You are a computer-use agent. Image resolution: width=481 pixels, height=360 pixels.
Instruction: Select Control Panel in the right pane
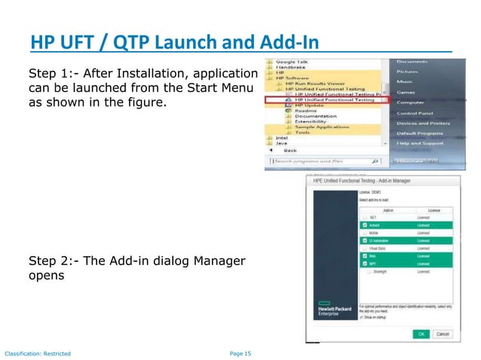[x=416, y=112]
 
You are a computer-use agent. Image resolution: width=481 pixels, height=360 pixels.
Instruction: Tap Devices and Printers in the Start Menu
[x=423, y=123]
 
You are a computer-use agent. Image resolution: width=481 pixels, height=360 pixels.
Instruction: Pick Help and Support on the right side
[x=419, y=143]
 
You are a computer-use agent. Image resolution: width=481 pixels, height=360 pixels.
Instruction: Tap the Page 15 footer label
[x=240, y=352]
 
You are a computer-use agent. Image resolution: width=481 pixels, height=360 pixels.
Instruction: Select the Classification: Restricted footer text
[x=38, y=352]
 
